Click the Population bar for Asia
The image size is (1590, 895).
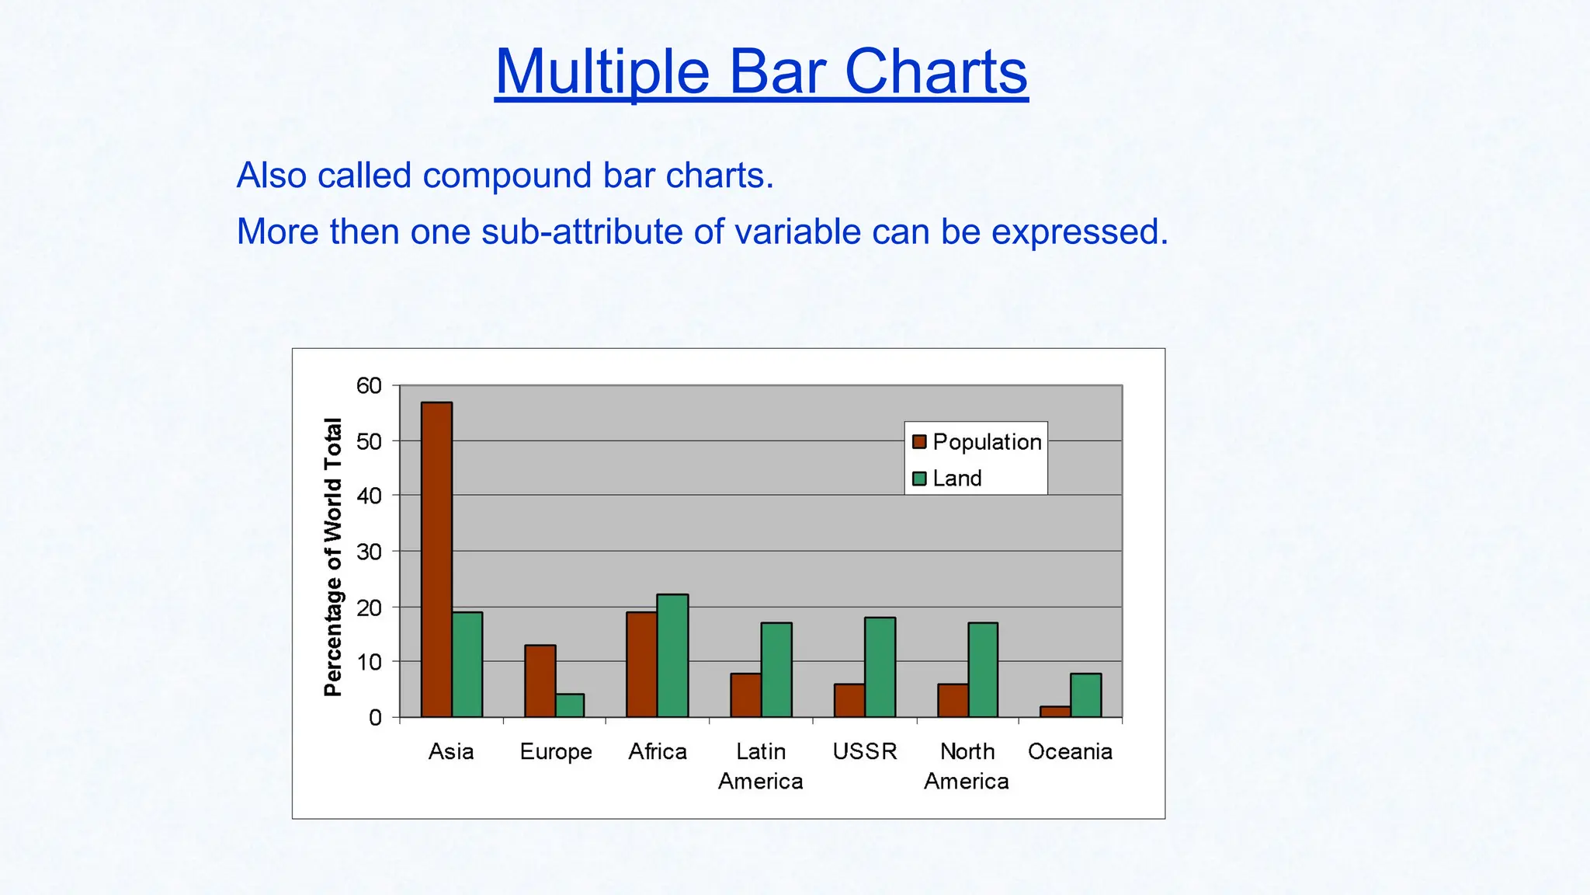click(x=436, y=559)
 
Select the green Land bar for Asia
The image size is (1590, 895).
click(x=467, y=664)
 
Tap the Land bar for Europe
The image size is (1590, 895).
click(x=570, y=705)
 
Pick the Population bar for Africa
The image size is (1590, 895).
click(x=641, y=664)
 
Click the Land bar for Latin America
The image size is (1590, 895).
click(x=776, y=670)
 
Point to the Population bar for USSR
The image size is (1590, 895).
click(x=849, y=701)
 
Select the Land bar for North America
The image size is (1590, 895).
click(x=983, y=670)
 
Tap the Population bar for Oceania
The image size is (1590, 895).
click(x=1055, y=712)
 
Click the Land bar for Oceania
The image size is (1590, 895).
click(x=1085, y=695)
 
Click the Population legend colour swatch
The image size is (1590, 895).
click(x=919, y=442)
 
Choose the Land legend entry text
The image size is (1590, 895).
click(x=956, y=479)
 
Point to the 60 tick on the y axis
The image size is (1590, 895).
click(x=369, y=385)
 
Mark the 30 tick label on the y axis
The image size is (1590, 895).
click(x=369, y=552)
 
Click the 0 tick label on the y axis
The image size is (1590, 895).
click(x=375, y=718)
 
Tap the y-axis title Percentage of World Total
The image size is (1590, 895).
click(x=333, y=556)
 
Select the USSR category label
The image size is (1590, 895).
click(x=864, y=751)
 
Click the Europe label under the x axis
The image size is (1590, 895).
click(x=555, y=752)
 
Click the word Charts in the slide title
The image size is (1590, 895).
click(x=936, y=71)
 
